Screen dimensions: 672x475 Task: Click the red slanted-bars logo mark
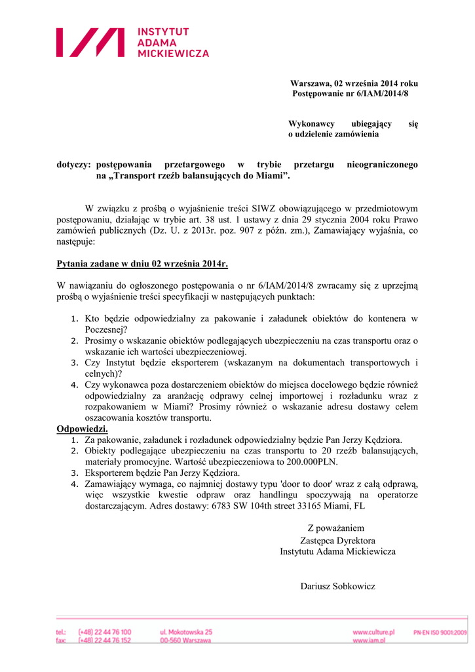(90, 42)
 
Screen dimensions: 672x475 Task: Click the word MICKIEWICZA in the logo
(173, 53)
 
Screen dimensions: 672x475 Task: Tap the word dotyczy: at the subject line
(73, 165)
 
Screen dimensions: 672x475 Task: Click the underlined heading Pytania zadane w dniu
(142, 264)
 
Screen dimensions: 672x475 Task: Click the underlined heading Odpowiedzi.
(83, 429)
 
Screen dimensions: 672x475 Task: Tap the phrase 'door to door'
(305, 484)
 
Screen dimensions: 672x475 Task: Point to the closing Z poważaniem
(336, 528)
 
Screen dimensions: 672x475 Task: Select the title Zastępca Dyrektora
(337, 541)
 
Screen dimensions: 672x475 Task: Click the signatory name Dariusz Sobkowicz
(338, 586)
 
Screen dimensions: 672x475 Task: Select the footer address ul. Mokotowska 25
(186, 632)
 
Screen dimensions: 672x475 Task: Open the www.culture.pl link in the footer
(373, 632)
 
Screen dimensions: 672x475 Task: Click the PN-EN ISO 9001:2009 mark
(440, 632)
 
